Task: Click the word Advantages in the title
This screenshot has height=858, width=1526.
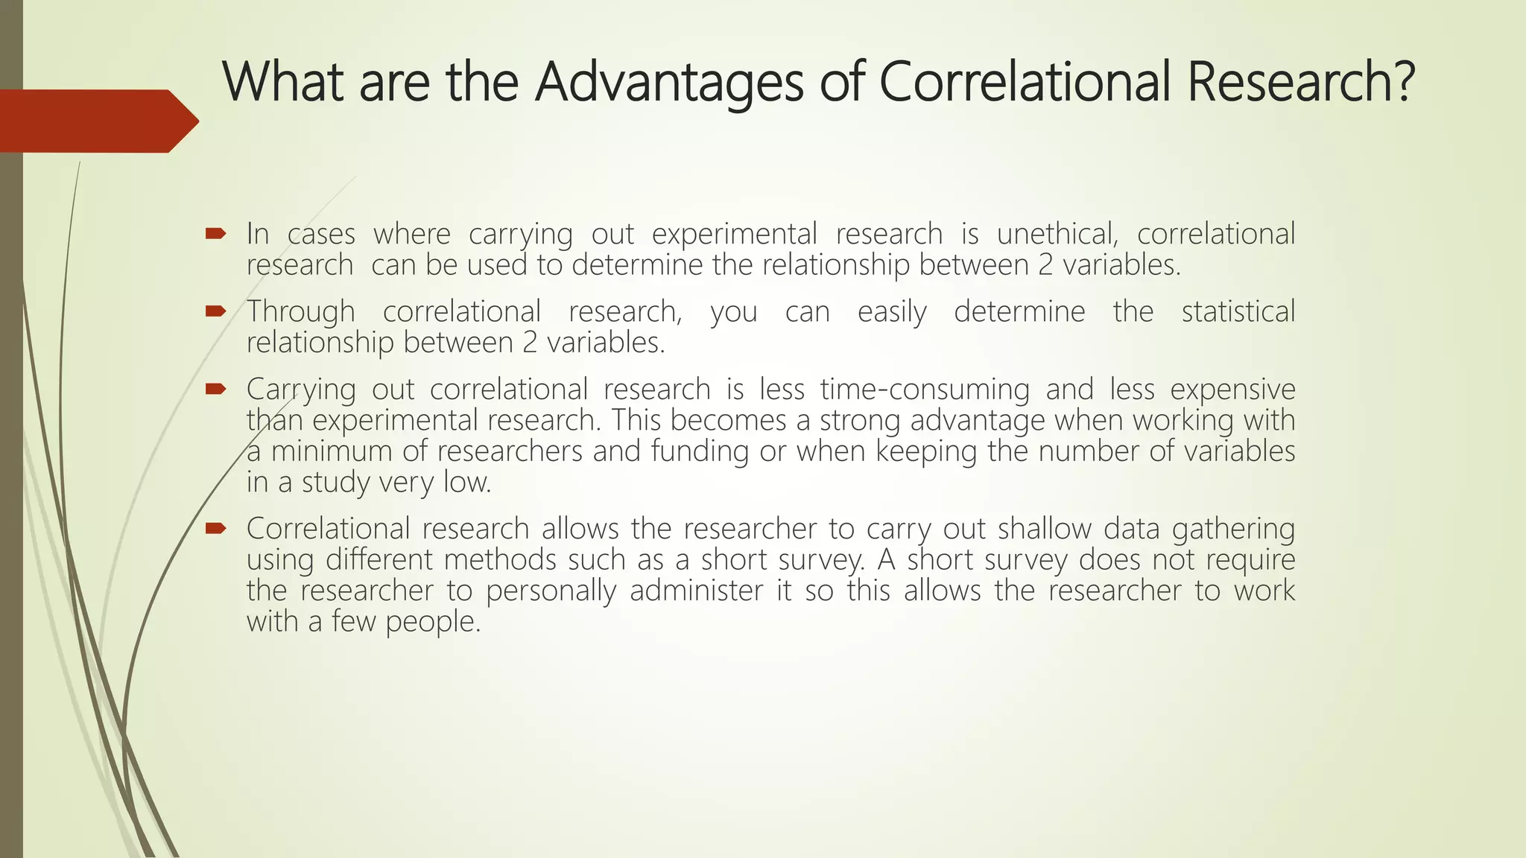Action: point(669,82)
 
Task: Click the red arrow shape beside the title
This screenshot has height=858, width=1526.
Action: point(97,121)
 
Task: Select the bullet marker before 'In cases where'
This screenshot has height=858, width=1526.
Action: point(215,234)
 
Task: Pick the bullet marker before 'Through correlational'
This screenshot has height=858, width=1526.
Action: point(215,311)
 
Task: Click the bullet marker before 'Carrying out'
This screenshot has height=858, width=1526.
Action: point(215,388)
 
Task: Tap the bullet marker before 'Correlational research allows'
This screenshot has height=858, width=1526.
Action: point(215,528)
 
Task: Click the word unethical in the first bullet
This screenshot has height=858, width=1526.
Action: point(1057,234)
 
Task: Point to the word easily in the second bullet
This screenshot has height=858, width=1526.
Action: point(892,311)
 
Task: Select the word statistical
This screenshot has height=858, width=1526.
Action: point(1238,311)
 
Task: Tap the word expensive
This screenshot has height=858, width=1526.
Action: point(1232,389)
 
